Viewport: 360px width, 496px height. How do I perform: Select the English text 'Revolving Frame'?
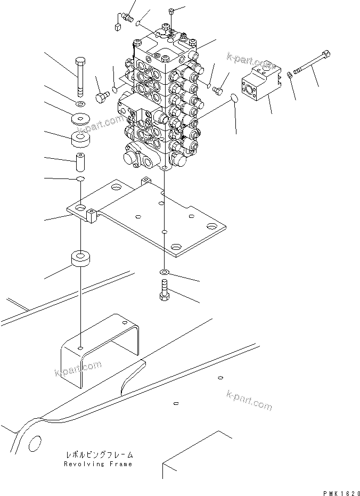(97, 464)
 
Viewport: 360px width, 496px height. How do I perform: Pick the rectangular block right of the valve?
(260, 83)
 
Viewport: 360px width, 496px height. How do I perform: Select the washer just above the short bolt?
(164, 273)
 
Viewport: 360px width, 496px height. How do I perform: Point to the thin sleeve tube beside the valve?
(80, 160)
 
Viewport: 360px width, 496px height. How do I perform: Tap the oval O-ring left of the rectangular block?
(233, 99)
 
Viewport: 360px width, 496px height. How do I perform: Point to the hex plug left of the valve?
(101, 97)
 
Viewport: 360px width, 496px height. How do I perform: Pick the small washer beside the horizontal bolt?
(288, 75)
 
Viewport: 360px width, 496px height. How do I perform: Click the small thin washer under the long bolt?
(80, 102)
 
